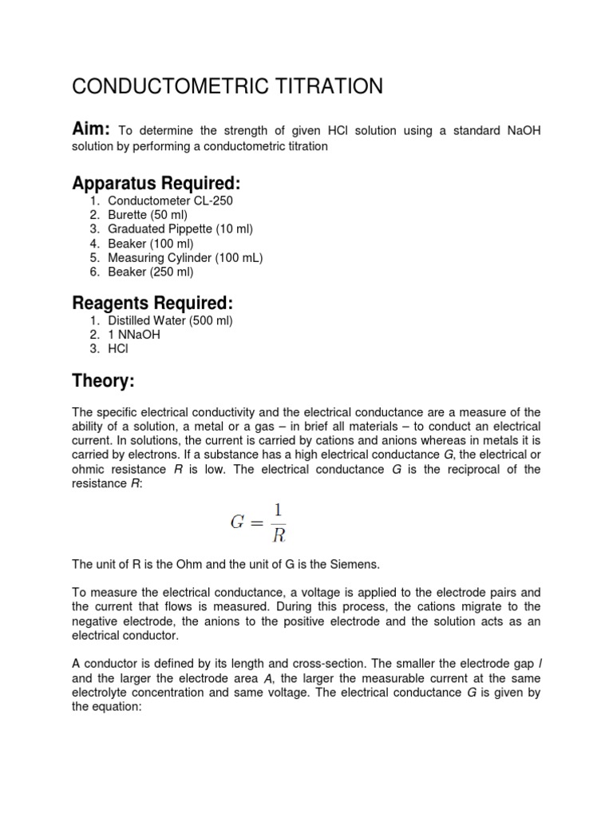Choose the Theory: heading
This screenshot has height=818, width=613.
click(x=103, y=382)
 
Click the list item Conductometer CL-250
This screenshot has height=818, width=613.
click(x=170, y=201)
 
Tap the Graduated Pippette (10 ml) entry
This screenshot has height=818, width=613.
click(x=180, y=229)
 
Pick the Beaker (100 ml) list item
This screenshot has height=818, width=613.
click(x=150, y=244)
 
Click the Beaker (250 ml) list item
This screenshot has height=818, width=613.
click(x=150, y=272)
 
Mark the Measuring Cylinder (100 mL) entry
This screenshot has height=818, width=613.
click(x=185, y=258)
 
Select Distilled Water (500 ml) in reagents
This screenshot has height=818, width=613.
click(x=170, y=320)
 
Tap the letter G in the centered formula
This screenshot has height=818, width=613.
click(x=237, y=523)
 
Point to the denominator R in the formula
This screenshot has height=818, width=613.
click(x=278, y=534)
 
